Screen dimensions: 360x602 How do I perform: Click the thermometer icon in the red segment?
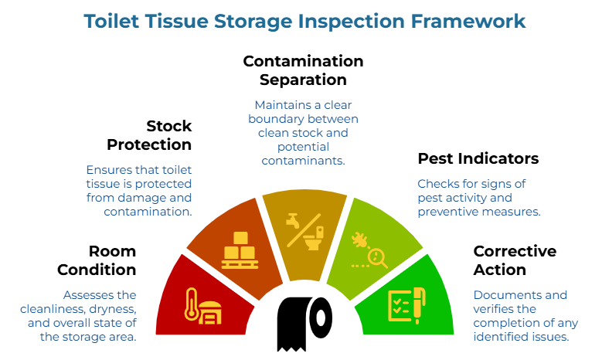pos(190,304)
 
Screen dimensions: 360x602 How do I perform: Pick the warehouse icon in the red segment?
pos(209,309)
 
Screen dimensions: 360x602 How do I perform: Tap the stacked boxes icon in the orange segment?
pos(240,248)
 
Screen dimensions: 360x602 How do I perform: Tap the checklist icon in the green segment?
pos(400,305)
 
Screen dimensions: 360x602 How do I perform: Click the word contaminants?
pos(302,160)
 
